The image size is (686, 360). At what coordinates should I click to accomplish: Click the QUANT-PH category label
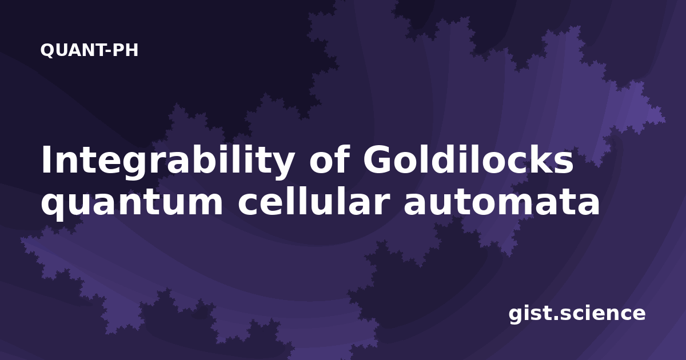[89, 50]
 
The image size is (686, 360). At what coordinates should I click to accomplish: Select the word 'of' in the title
[329, 159]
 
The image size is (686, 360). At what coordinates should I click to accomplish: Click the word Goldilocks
[468, 159]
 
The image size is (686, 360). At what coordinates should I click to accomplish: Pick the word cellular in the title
[314, 201]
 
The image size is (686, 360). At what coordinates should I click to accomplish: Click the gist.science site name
[577, 314]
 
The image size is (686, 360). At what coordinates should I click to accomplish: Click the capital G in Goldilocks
[377, 159]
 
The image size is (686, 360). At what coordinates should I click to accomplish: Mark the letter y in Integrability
[281, 166]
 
